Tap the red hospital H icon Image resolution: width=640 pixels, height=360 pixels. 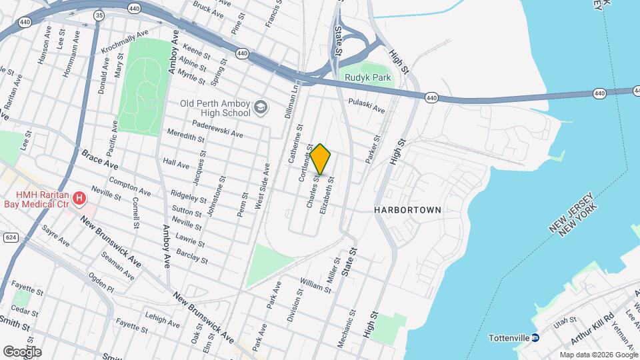pos(79,198)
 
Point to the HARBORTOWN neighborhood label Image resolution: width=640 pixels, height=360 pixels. pos(407,210)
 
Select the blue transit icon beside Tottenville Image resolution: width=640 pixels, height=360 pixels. pos(535,338)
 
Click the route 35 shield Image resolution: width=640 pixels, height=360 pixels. pos(99,15)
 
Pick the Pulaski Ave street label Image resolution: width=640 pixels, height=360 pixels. pos(367,105)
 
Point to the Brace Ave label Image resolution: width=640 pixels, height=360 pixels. pos(99,159)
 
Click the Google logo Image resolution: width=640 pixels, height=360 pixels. pos(22,351)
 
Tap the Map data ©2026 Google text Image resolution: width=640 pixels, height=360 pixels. pos(599,355)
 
